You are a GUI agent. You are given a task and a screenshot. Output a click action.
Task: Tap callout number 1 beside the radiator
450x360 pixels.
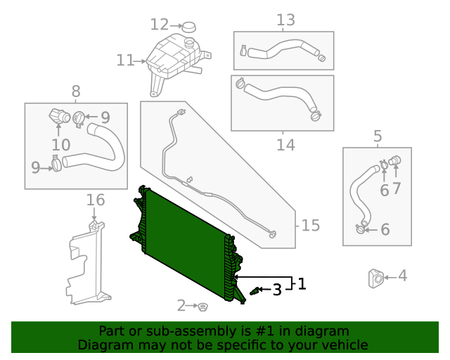click(302, 284)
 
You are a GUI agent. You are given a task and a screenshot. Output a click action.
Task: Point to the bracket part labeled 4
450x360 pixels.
click(375, 278)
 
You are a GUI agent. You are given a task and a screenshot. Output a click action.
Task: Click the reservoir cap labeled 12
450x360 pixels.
click(190, 27)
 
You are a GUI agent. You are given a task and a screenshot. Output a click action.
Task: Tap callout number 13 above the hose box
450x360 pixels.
click(285, 20)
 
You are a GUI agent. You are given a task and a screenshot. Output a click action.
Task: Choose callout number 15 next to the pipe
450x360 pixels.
click(310, 226)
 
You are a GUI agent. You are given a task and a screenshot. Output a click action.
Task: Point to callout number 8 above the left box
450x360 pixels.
click(76, 91)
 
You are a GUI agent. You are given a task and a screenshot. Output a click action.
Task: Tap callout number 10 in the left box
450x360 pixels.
click(60, 145)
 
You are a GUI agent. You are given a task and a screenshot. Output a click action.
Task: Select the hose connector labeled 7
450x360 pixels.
click(394, 160)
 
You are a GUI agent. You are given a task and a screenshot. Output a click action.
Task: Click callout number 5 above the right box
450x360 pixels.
click(378, 136)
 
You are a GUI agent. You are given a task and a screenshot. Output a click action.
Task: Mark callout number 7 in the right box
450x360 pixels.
click(396, 188)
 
